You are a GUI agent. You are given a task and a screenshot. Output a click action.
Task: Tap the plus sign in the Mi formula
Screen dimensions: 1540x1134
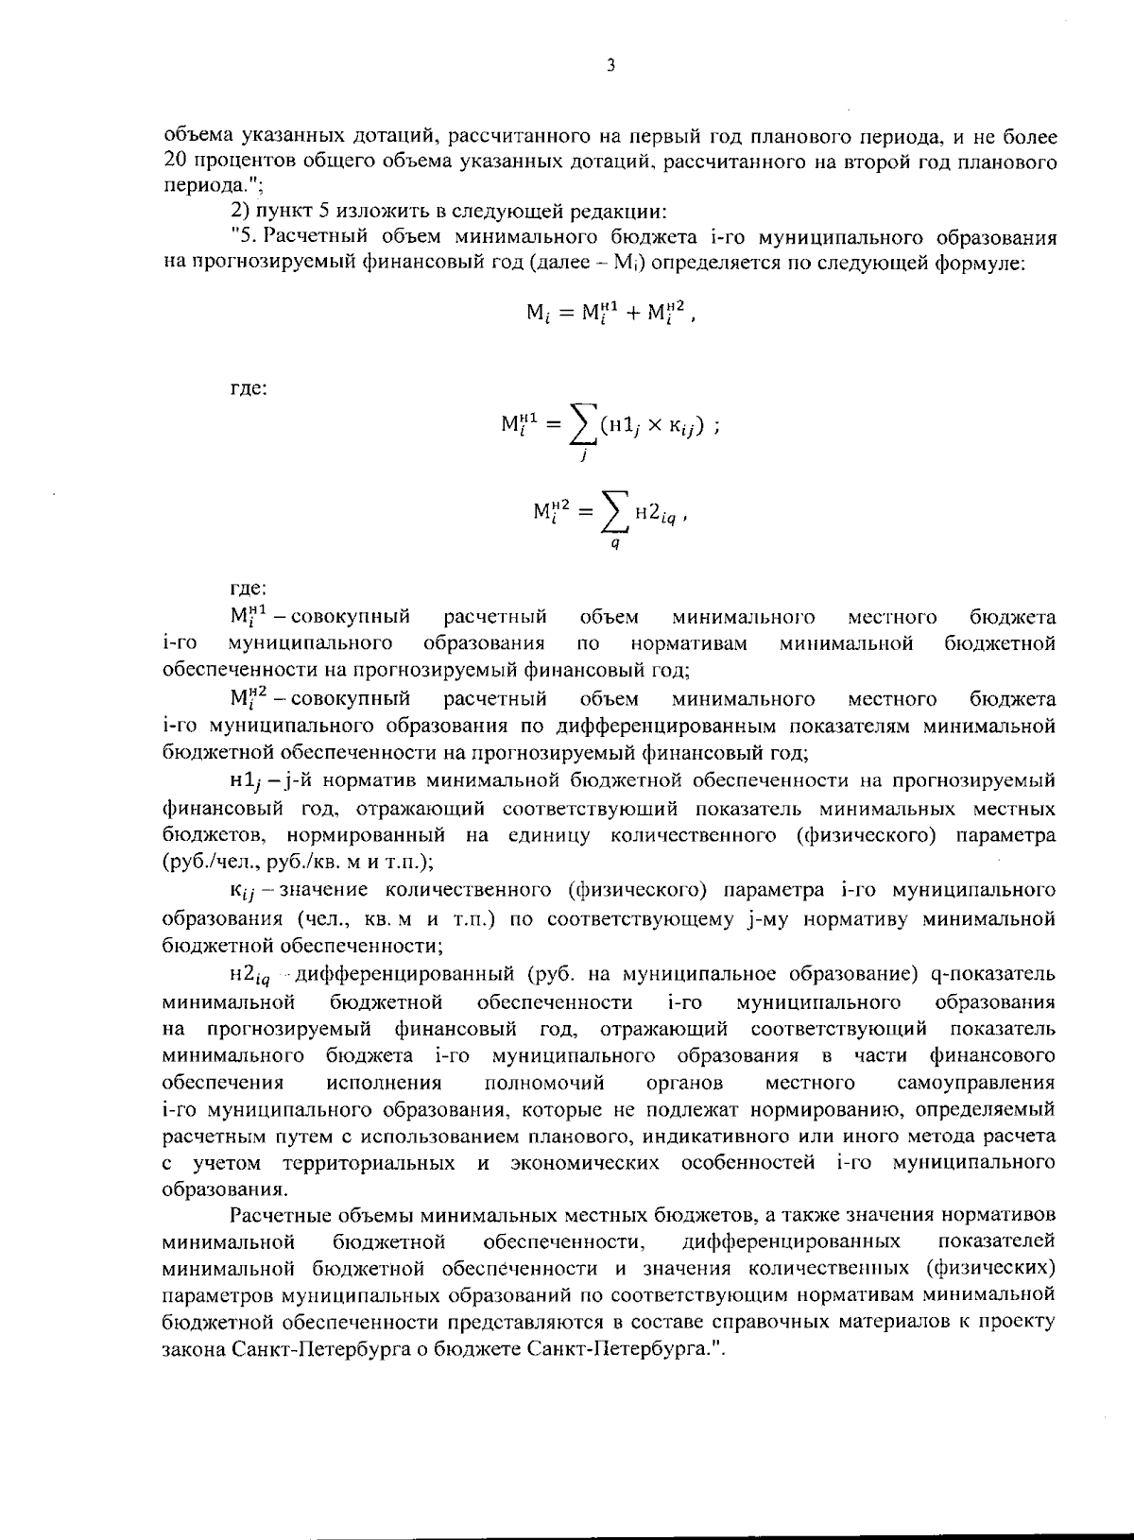coord(618,315)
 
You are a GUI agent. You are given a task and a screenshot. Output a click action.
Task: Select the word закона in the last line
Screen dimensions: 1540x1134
coord(193,1346)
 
